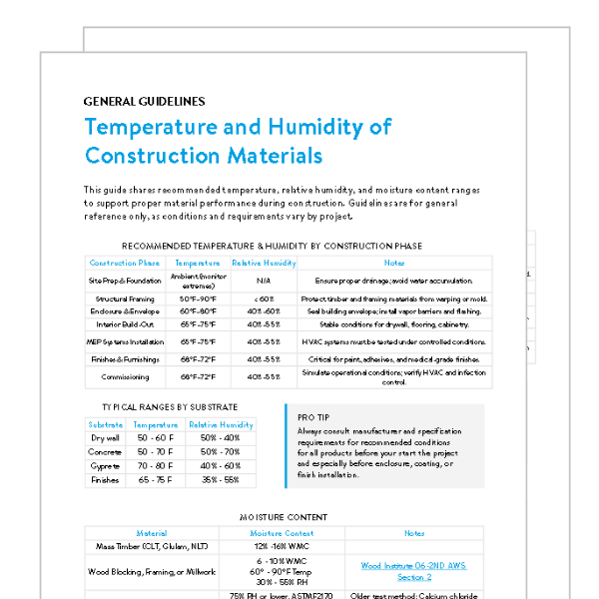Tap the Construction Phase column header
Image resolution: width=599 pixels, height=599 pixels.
pos(125,263)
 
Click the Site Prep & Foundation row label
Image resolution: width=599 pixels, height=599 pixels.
pos(124,282)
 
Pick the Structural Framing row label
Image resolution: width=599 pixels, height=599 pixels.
pos(125,299)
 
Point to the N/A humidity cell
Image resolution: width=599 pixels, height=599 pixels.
pos(264,282)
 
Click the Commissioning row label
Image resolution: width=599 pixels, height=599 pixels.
pos(125,377)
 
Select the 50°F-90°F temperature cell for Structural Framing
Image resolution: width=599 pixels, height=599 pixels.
pos(198,299)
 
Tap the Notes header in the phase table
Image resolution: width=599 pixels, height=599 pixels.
pos(394,263)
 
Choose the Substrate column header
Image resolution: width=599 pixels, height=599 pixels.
pos(106,424)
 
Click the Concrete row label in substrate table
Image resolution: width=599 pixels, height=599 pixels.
pos(106,451)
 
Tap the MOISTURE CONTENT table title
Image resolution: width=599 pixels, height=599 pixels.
pos(283,518)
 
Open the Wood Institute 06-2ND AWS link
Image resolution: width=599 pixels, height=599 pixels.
pos(414,571)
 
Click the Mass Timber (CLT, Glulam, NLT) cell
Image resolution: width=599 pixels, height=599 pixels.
pos(152,547)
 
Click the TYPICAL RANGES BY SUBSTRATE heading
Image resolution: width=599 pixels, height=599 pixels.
pos(170,407)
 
